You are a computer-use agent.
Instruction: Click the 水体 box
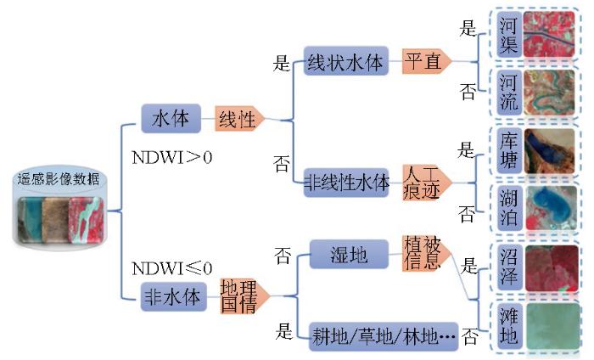tap(171, 118)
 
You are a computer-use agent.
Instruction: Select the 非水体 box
tap(176, 296)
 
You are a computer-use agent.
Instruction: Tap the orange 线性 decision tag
tap(238, 118)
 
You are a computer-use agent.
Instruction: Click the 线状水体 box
tap(345, 61)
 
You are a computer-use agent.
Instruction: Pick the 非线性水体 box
tap(346, 182)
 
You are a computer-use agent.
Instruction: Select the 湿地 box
tap(348, 253)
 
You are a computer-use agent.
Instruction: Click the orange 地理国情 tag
tap(239, 296)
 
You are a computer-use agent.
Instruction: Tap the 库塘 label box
tap(507, 151)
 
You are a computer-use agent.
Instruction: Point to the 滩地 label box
tap(507, 327)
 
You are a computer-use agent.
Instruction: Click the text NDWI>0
tap(172, 158)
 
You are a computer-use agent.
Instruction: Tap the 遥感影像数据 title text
tap(58, 178)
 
